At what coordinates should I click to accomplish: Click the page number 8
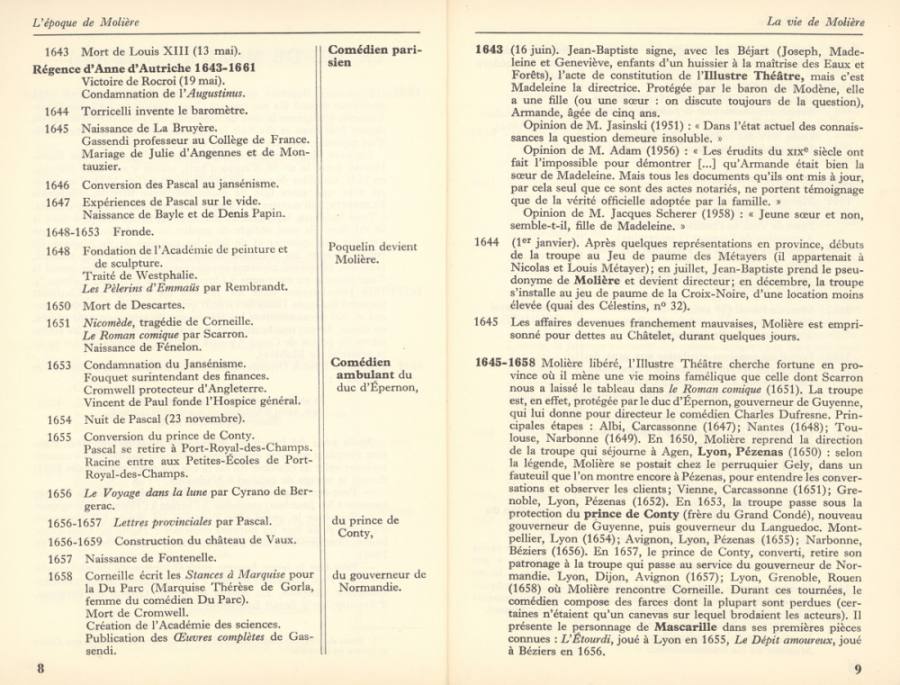pyautogui.click(x=40, y=668)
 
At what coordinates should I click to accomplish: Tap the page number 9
pyautogui.click(x=858, y=669)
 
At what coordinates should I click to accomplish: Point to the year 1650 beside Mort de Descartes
pyautogui.click(x=58, y=305)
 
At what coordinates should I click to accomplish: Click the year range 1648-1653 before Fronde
pyautogui.click(x=72, y=231)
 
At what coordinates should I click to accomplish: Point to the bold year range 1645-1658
pyautogui.click(x=506, y=362)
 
